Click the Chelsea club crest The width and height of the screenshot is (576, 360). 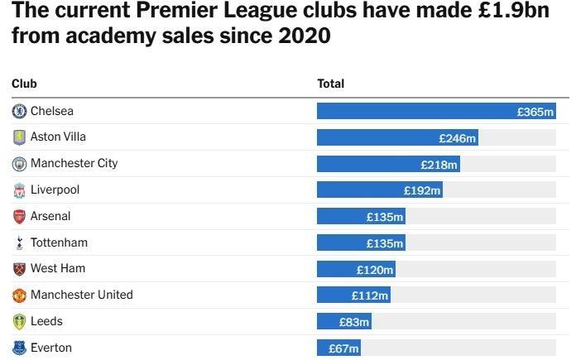(x=19, y=111)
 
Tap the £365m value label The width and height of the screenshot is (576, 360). (x=535, y=112)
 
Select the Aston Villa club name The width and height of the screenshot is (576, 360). (x=58, y=137)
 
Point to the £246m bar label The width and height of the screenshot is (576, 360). (x=457, y=138)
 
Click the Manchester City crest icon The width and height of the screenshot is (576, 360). (x=19, y=164)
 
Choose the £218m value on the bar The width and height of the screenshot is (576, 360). (x=439, y=165)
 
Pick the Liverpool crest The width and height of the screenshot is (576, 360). (x=19, y=190)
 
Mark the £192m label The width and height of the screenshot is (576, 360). (x=422, y=191)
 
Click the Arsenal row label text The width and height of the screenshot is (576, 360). (x=50, y=216)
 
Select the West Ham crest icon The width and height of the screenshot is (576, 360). (x=19, y=269)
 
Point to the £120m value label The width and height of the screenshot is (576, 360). (x=375, y=270)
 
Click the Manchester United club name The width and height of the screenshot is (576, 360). (x=81, y=295)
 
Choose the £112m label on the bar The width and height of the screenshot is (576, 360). (x=369, y=296)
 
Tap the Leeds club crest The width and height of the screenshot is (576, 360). (x=19, y=322)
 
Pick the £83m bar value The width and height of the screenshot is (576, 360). (x=354, y=323)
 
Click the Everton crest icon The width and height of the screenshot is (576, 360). (x=19, y=348)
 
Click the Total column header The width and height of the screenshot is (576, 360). (x=331, y=84)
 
